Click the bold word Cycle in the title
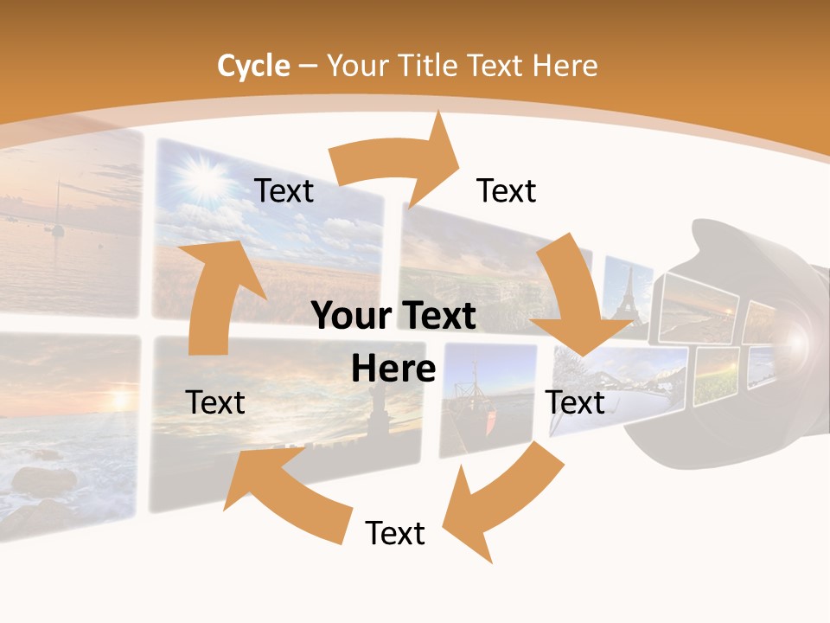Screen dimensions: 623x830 coord(252,66)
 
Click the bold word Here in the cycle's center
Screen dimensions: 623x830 coord(393,369)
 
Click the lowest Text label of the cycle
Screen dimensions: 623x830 coord(395,533)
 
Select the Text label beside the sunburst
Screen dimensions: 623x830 coord(284,190)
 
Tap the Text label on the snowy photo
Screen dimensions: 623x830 coord(576,402)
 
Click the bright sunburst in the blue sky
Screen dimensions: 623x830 coord(201,177)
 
